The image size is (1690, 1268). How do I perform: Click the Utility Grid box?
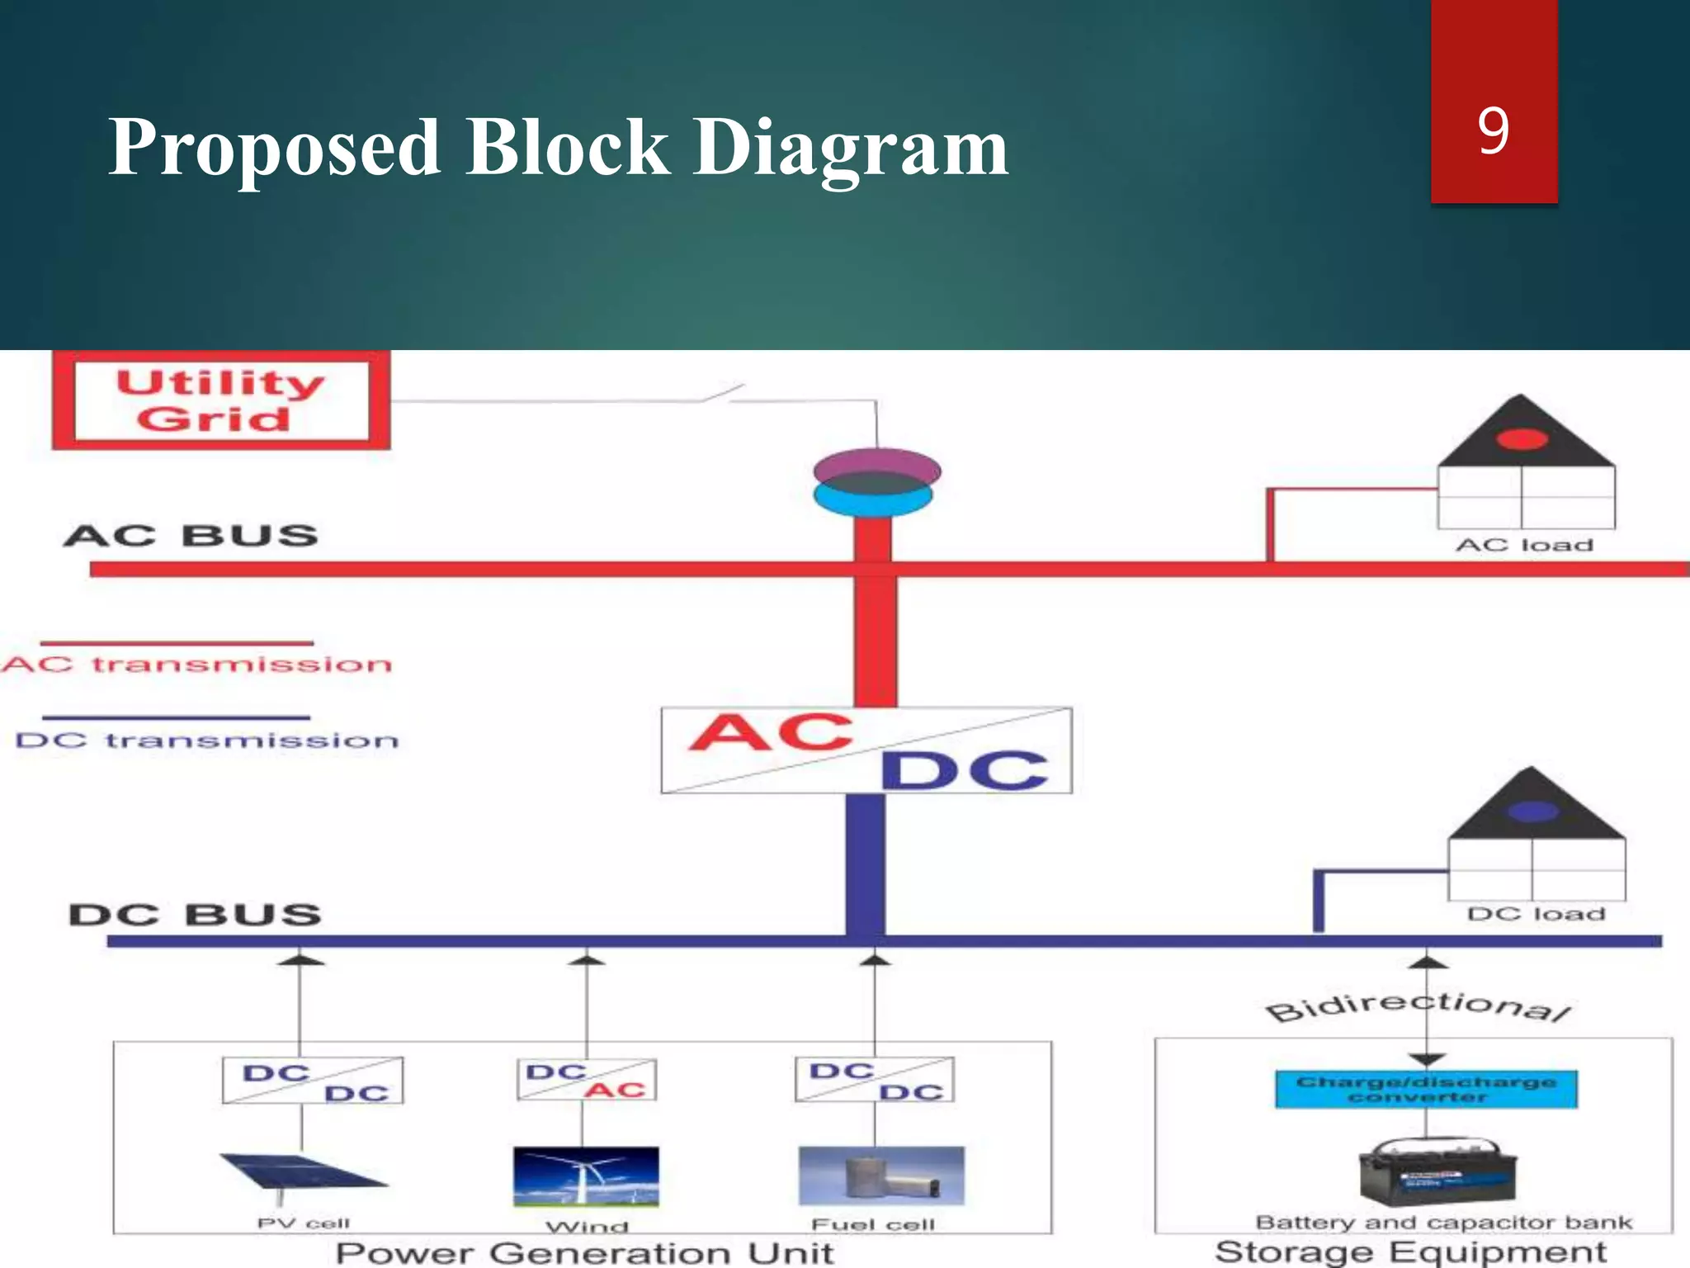click(x=220, y=401)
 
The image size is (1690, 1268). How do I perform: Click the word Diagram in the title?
click(x=850, y=149)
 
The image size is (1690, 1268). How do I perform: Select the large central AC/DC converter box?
click(x=866, y=750)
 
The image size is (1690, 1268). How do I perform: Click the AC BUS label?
click(x=191, y=536)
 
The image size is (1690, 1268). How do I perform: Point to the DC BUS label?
click(x=195, y=915)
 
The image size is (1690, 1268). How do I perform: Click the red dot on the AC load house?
click(x=1522, y=438)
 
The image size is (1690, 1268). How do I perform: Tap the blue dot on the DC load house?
click(x=1532, y=811)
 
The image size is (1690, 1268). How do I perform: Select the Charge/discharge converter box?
click(x=1426, y=1089)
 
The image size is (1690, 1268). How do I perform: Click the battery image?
click(x=1437, y=1172)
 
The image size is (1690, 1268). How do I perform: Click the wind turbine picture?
click(x=586, y=1176)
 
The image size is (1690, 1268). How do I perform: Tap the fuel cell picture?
click(x=880, y=1176)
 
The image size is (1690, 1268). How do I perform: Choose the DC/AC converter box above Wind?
click(x=587, y=1080)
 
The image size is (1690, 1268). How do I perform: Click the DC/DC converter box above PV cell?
click(x=313, y=1081)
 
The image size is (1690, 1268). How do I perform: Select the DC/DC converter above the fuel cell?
click(x=875, y=1080)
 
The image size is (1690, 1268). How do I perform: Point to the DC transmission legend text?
click(x=206, y=740)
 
